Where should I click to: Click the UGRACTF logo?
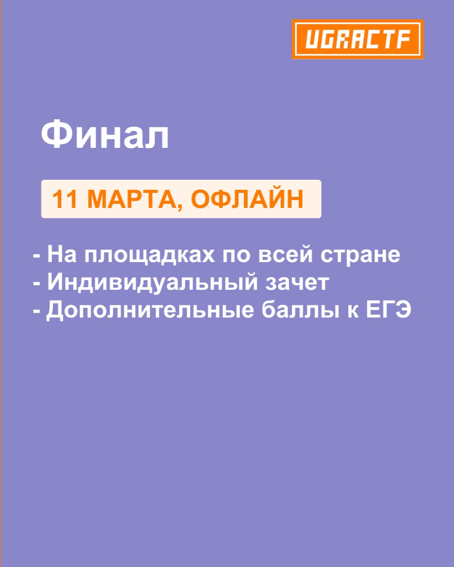[357, 39]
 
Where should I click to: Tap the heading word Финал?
[105, 134]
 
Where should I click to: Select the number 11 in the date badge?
[65, 199]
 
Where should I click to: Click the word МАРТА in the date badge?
[132, 199]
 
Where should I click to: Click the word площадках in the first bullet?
[150, 255]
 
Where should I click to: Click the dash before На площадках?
[37, 256]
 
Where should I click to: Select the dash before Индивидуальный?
[37, 284]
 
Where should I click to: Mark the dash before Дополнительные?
[37, 311]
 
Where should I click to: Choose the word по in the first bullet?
[236, 256]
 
